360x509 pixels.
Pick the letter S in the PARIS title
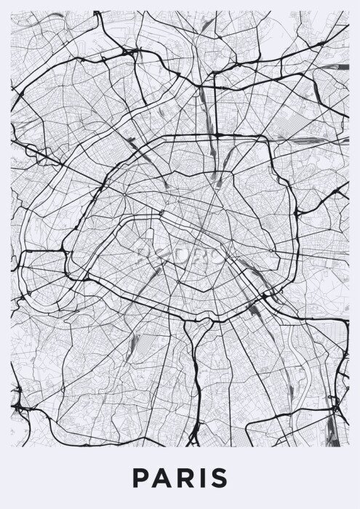(x=216, y=478)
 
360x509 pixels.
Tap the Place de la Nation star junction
(x=273, y=253)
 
